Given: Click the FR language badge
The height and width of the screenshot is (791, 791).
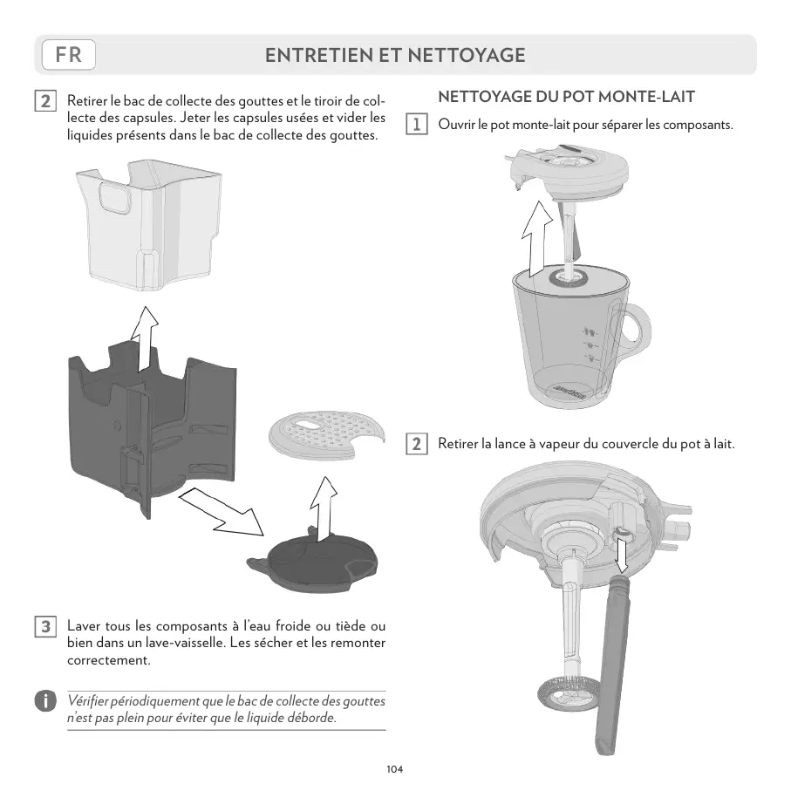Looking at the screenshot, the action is pos(68,55).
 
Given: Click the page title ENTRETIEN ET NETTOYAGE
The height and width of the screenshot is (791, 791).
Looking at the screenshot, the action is pos(395,55).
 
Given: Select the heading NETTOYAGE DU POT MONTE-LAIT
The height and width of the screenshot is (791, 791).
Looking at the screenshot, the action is pos(566,96).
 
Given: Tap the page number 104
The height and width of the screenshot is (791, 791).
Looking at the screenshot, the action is pos(395,769).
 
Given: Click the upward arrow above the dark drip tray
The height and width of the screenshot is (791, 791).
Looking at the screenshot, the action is pos(143,341).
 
